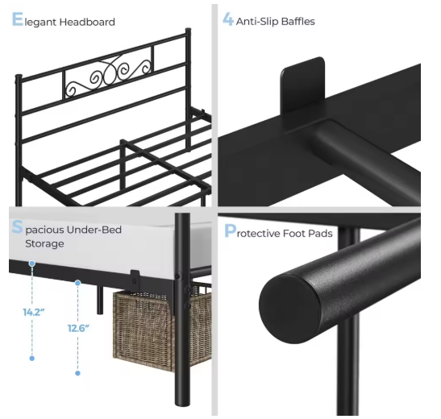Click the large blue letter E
click(17, 20)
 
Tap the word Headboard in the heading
click(89, 22)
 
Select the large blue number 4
click(228, 20)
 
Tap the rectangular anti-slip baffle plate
click(302, 84)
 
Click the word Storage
click(44, 243)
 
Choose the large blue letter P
click(230, 233)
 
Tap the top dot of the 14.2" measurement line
click(32, 263)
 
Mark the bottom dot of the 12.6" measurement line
click(77, 372)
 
